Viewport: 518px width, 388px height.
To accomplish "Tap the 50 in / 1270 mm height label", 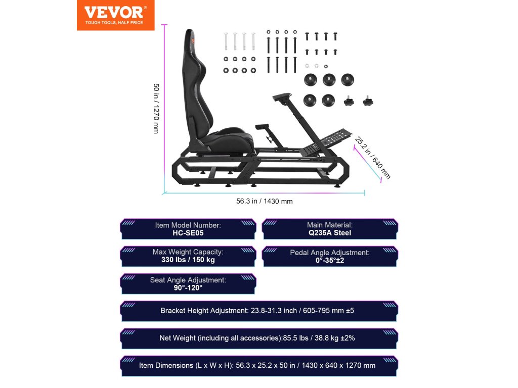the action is pos(157,108).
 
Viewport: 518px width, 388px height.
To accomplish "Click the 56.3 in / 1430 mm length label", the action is pos(264,201).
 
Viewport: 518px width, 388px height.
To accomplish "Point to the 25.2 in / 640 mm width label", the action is pos(373,158).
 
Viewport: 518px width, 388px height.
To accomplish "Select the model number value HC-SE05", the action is pos(188,233).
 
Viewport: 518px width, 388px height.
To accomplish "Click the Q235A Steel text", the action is pos(329,233).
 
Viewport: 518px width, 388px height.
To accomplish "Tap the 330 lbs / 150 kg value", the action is pos(188,260).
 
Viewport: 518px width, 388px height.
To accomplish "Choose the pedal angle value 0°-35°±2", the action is pos(329,260).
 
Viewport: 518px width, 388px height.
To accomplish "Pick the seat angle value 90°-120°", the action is pos(188,287).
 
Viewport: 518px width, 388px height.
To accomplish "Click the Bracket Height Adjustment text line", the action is pos(257,311).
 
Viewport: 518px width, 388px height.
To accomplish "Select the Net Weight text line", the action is pos(257,338).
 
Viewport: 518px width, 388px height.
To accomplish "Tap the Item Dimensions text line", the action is pos(257,365).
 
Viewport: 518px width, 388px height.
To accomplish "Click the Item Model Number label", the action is pos(188,225).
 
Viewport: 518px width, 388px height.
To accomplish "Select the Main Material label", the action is pos(329,225).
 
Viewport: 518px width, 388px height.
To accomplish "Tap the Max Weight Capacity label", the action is pos(188,252).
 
